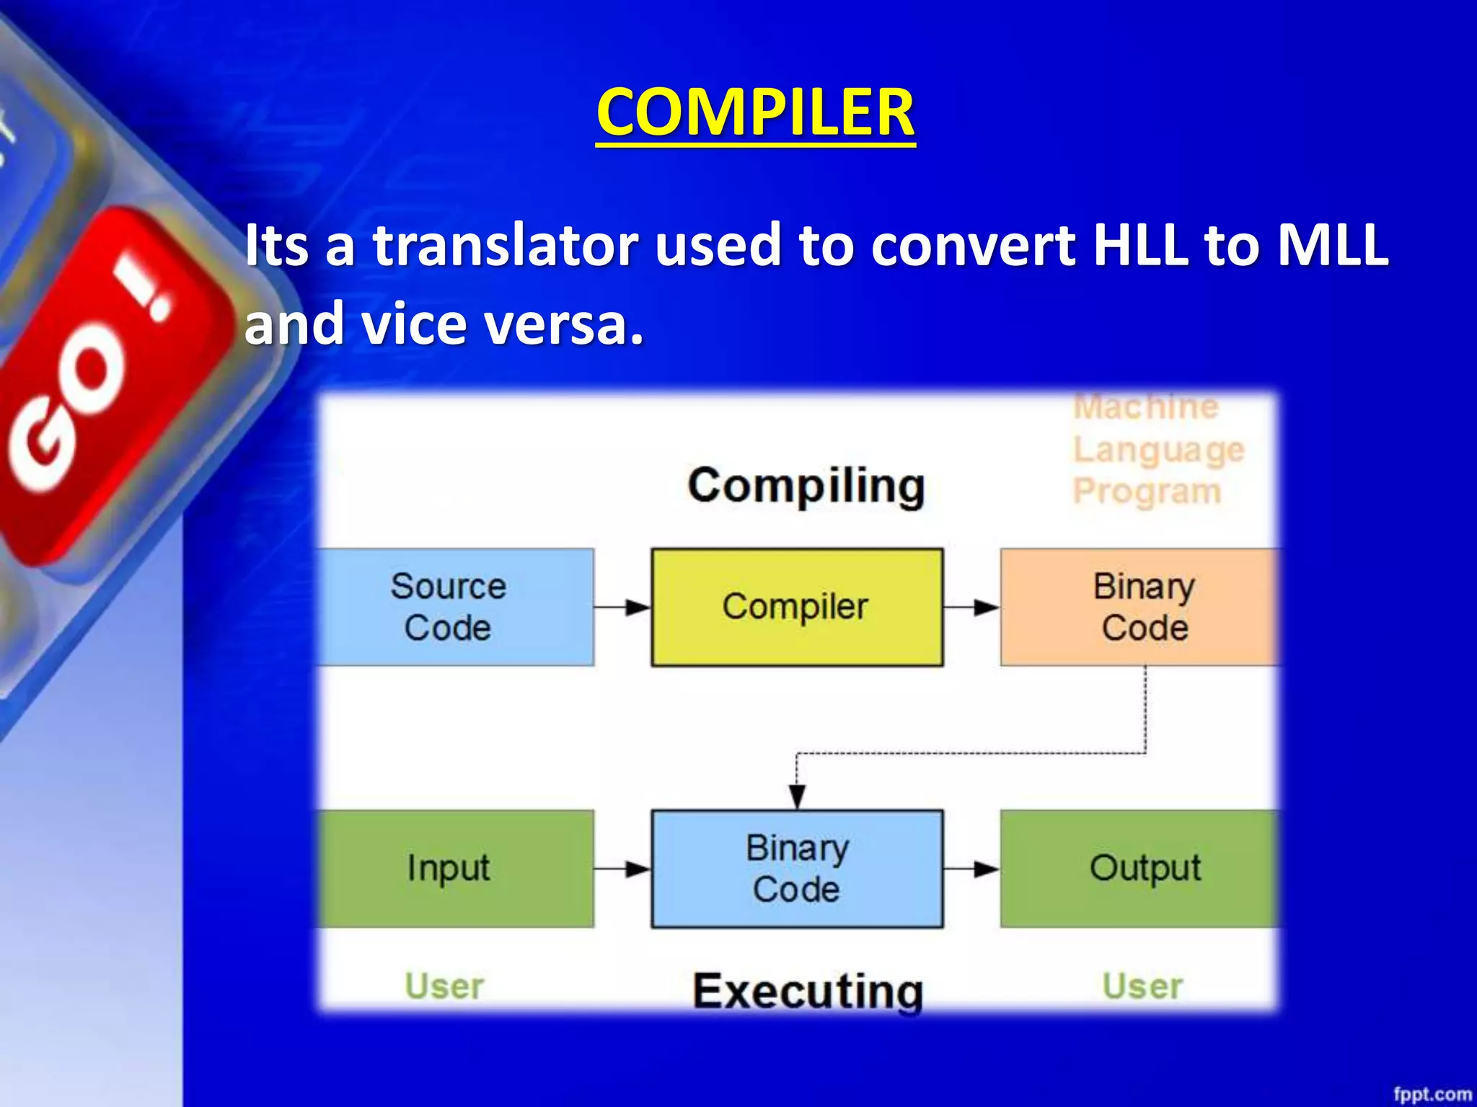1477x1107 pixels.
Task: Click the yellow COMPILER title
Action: pyautogui.click(x=755, y=112)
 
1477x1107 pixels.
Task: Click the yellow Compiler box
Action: pyautogui.click(x=796, y=607)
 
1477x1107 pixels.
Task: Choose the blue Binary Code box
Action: pyautogui.click(x=796, y=868)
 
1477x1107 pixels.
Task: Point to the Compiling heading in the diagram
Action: pyautogui.click(x=806, y=486)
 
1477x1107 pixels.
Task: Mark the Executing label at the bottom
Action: pyautogui.click(x=807, y=992)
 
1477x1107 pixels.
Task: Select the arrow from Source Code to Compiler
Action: pyautogui.click(x=623, y=607)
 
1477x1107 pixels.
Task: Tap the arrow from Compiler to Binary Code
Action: pyautogui.click(x=971, y=607)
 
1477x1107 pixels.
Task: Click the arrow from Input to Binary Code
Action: pyautogui.click(x=623, y=868)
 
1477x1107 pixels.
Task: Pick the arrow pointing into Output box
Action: pyautogui.click(x=971, y=868)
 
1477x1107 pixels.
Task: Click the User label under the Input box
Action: pyautogui.click(x=444, y=986)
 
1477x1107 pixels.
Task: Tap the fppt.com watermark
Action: pyautogui.click(x=1432, y=1094)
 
